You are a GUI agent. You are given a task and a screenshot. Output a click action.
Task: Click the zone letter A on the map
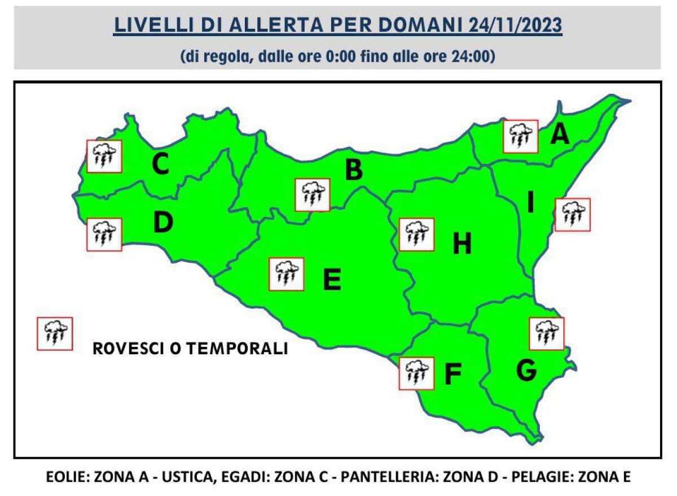(559, 134)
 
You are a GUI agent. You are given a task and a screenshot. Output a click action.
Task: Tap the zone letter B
(353, 170)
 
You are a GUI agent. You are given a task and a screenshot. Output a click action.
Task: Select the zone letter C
(161, 164)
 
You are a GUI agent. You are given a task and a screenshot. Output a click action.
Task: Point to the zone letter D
(163, 223)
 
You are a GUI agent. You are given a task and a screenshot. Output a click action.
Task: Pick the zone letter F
(452, 374)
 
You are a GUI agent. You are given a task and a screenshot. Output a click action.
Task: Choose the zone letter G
(526, 370)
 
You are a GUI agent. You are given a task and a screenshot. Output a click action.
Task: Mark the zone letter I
(530, 202)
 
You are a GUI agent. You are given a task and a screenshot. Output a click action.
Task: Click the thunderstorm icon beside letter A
(520, 136)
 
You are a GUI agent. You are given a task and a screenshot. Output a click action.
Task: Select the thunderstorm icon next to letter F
(416, 373)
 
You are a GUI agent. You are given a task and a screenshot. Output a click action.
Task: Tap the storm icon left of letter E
(287, 274)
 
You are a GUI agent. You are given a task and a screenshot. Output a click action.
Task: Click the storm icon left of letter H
(416, 234)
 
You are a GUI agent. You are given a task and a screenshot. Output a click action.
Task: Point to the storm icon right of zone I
(573, 215)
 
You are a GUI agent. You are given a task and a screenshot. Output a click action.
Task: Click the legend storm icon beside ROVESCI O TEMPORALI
(55, 334)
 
